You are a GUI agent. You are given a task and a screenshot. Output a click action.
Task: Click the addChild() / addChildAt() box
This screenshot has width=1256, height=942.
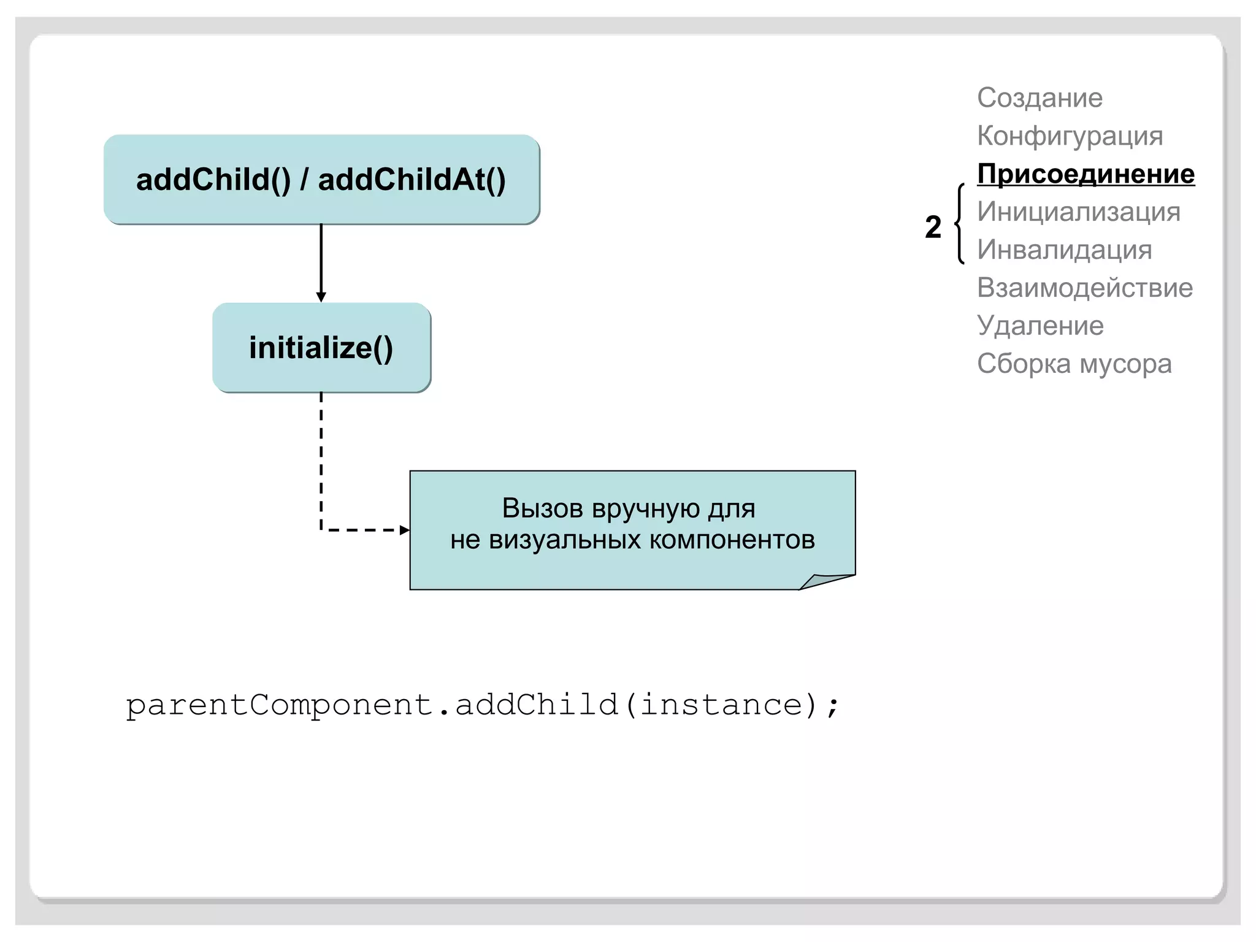click(321, 179)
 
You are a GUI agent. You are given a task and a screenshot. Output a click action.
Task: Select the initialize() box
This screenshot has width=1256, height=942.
click(321, 348)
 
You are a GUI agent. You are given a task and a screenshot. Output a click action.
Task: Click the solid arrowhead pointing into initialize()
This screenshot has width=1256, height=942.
click(321, 297)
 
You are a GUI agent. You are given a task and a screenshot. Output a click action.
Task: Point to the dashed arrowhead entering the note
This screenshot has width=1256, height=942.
click(404, 530)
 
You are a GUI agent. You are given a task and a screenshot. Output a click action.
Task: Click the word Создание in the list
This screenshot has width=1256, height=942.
click(1040, 98)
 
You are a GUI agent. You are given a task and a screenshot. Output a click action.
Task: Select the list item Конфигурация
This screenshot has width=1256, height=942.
click(1070, 136)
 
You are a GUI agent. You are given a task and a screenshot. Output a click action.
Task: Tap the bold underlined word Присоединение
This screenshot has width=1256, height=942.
click(1086, 174)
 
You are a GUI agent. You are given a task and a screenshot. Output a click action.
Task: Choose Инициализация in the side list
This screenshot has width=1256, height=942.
click(1078, 212)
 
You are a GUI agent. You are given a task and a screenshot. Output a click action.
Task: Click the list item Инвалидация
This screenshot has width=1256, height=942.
click(1064, 250)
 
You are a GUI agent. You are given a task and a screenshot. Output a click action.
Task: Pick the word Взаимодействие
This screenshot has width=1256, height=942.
click(1084, 288)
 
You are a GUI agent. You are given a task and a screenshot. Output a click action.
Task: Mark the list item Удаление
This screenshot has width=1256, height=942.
click(1040, 326)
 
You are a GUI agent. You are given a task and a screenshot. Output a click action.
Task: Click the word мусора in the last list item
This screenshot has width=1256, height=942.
click(1125, 364)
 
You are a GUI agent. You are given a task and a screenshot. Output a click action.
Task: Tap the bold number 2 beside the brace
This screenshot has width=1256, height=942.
click(933, 227)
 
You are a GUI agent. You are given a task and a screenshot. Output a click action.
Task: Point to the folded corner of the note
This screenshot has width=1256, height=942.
click(825, 580)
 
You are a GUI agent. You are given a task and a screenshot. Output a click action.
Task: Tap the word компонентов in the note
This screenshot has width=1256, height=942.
click(732, 540)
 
